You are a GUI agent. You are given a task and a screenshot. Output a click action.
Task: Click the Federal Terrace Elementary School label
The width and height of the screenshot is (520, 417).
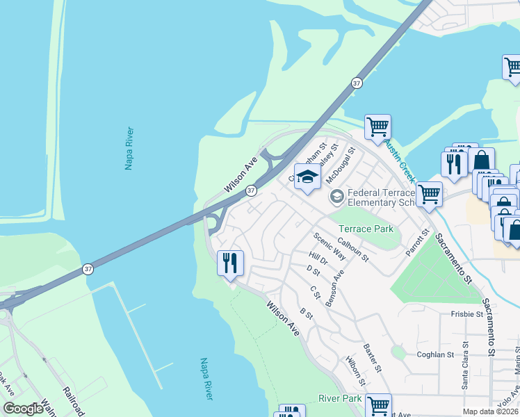tap(380, 197)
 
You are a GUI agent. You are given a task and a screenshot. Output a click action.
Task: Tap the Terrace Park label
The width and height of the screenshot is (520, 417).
tap(366, 229)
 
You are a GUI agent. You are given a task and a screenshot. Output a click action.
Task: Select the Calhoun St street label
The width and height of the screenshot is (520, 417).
tap(352, 250)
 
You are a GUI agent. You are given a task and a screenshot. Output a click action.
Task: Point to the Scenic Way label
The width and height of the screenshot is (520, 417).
tap(329, 246)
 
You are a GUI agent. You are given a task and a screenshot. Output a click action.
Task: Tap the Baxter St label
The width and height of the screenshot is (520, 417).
tap(373, 357)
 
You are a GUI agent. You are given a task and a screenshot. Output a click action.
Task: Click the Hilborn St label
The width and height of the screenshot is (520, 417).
tap(355, 371)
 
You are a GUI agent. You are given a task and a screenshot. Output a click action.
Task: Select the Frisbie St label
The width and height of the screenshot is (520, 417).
tap(466, 314)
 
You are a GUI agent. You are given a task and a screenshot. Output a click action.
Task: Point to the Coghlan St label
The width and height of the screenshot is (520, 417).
tap(435, 354)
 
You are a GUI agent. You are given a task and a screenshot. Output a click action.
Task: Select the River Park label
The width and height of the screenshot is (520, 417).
tap(340, 398)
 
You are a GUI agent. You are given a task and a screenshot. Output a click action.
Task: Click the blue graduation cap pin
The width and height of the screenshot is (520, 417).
tap(307, 178)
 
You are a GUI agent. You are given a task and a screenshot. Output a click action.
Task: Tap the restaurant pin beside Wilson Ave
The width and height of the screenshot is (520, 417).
tap(230, 263)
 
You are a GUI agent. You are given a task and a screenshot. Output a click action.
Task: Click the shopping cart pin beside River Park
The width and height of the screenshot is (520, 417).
tap(378, 405)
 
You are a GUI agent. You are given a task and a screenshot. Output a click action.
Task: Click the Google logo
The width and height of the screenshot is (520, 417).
tap(23, 409)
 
